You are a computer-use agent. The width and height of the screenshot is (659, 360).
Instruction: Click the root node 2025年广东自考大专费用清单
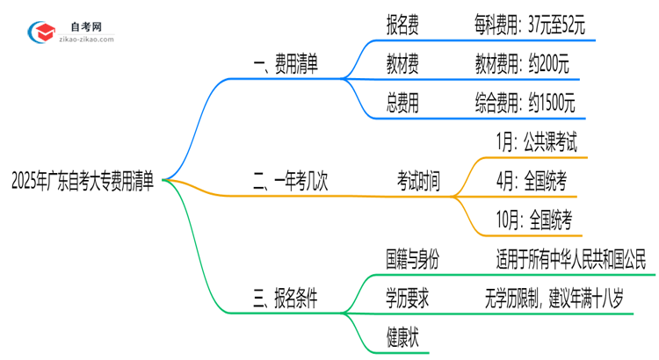(x=83, y=182)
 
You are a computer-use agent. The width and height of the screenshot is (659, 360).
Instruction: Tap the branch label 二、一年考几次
(x=290, y=183)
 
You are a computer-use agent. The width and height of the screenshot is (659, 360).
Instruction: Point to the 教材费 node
(x=402, y=64)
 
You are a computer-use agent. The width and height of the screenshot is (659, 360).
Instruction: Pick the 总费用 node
(x=402, y=104)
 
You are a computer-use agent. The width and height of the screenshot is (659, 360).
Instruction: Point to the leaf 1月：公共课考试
(x=536, y=141)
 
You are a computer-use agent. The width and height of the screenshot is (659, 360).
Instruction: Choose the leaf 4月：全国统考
(x=531, y=183)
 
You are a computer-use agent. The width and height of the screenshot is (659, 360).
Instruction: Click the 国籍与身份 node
(x=411, y=260)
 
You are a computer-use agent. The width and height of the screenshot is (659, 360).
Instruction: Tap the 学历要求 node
(x=406, y=299)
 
